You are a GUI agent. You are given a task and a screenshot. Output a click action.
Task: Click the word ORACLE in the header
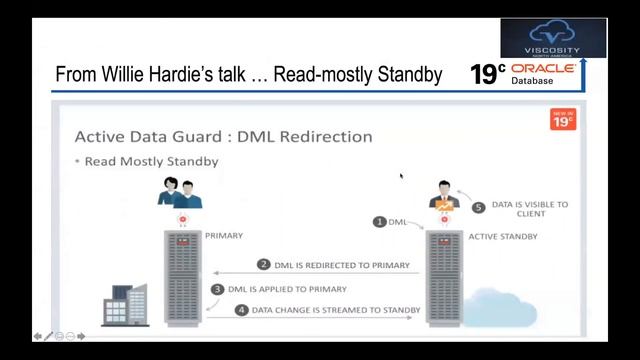pos(543,68)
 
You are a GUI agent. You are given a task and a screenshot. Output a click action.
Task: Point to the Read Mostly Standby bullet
pos(151,160)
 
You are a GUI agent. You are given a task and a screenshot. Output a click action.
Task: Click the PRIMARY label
pos(224,237)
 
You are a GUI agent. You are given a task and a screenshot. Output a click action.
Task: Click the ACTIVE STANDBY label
pos(503,237)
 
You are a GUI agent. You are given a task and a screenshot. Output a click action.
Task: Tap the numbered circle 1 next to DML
pos(379,221)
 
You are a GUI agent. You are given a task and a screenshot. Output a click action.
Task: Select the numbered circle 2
pos(264,265)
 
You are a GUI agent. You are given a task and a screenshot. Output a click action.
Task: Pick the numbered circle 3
pos(217,289)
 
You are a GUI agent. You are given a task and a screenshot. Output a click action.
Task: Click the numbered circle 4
pos(241,311)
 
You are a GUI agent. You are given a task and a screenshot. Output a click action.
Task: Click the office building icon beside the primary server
pos(123,305)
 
